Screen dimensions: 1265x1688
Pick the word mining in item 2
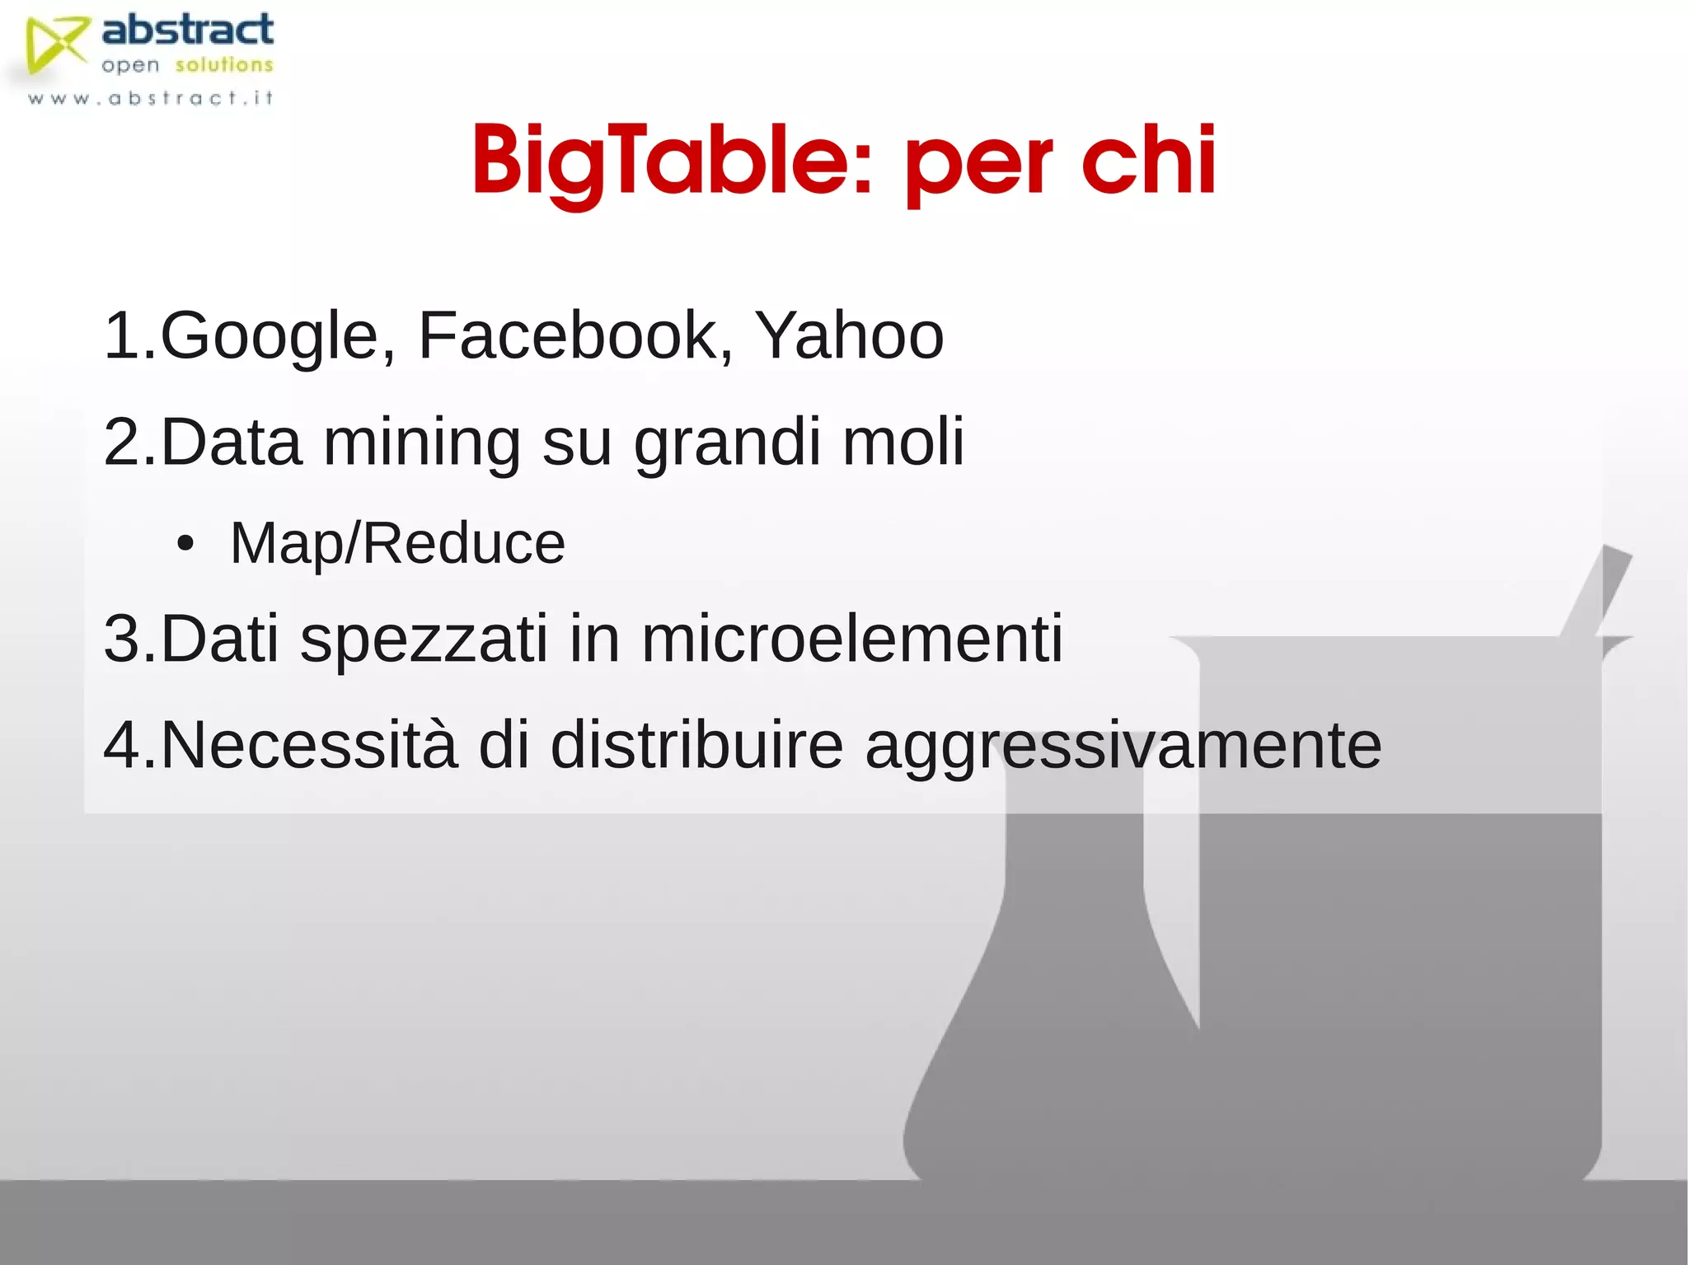(x=421, y=443)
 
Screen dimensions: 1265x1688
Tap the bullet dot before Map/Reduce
(x=185, y=544)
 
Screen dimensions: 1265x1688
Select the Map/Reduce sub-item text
(x=397, y=544)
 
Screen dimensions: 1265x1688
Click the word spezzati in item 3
(x=424, y=640)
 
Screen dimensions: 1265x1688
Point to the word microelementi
(x=851, y=638)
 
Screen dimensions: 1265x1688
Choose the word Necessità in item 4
(x=308, y=745)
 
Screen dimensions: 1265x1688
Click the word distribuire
(x=696, y=745)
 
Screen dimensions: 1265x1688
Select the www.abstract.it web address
(x=150, y=99)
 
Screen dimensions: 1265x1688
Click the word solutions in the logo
(x=223, y=65)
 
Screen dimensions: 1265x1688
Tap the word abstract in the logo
(x=187, y=30)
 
